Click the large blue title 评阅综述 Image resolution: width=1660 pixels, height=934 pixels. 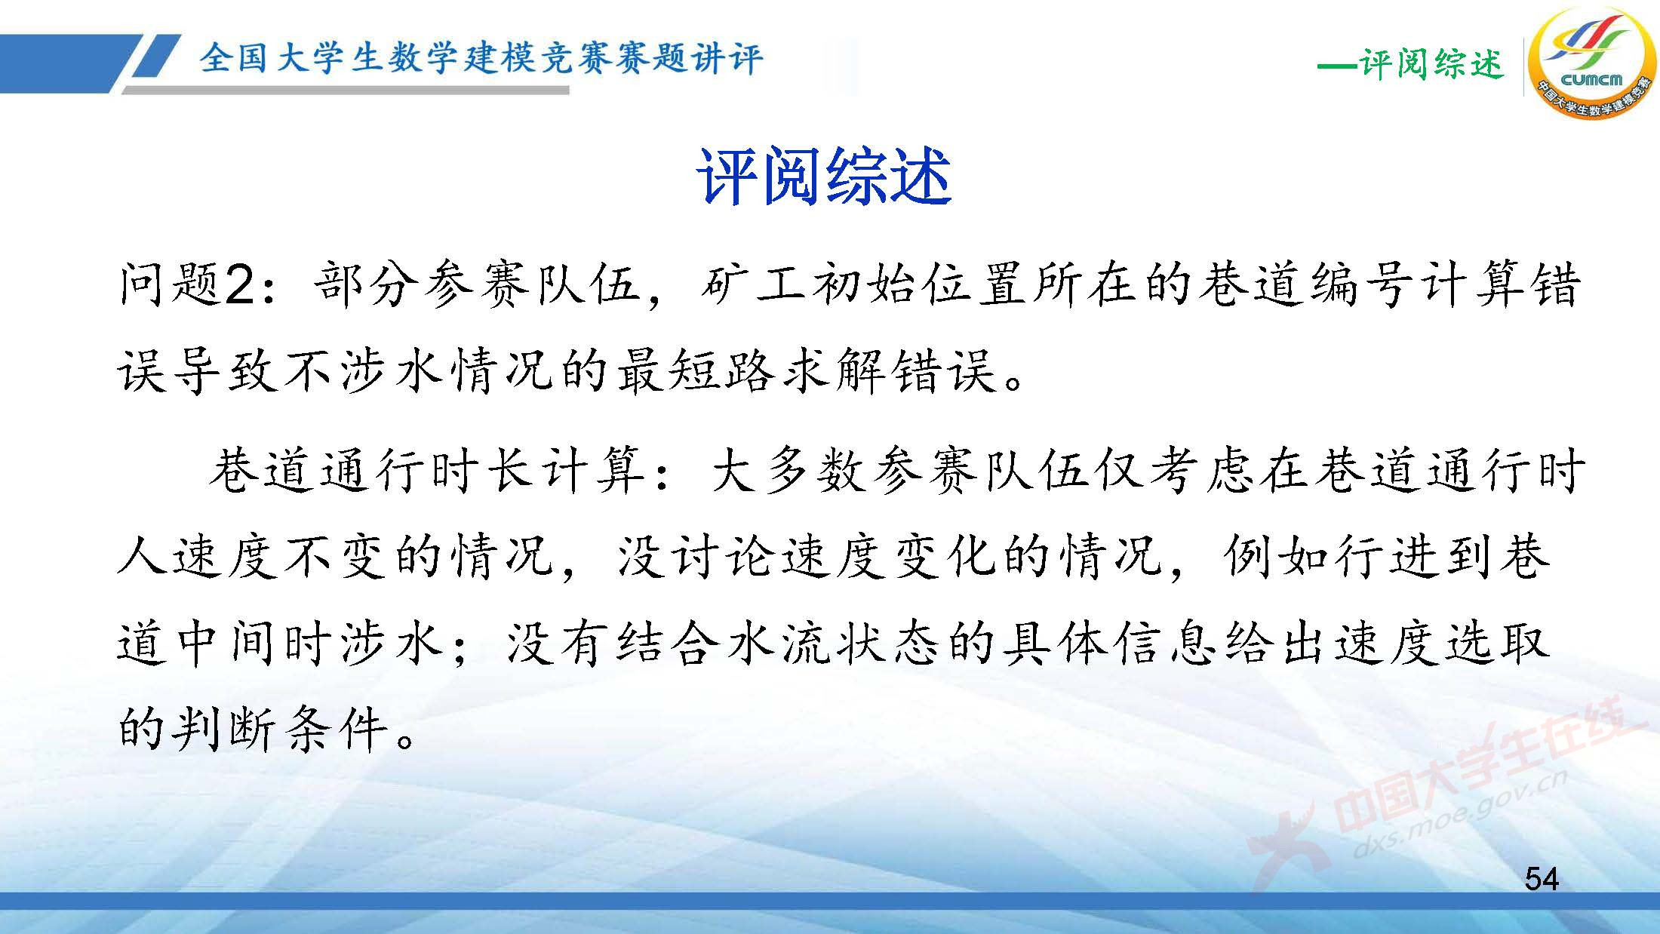[x=823, y=177]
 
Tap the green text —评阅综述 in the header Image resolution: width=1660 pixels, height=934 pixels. [x=1410, y=63]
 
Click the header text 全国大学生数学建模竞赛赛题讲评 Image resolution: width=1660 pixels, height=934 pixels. [x=481, y=58]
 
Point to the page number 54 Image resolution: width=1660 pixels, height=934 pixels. [x=1541, y=879]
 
